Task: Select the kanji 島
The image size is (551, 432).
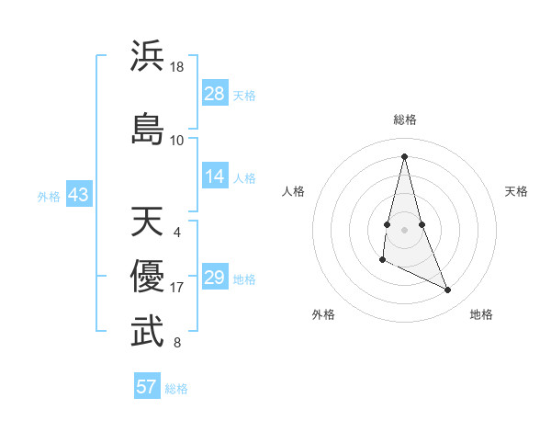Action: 148,128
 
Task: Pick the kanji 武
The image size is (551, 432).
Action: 148,332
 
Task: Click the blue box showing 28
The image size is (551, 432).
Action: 215,94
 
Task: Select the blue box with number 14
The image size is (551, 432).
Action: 215,177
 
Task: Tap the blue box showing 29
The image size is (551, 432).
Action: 215,278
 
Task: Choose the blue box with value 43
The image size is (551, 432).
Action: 78,195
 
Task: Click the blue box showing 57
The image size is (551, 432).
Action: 147,387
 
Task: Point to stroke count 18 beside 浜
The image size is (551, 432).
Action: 177,68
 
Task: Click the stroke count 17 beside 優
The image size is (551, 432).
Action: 177,288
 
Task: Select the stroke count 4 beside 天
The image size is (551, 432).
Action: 176,232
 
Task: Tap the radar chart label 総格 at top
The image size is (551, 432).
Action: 405,119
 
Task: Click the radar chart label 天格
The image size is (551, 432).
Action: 516,191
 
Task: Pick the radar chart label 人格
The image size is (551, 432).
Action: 293,191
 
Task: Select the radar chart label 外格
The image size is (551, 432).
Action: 323,314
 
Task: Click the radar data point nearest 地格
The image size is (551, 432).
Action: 448,290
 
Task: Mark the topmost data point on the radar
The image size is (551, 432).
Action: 404,155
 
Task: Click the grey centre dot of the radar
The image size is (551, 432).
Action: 404,229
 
